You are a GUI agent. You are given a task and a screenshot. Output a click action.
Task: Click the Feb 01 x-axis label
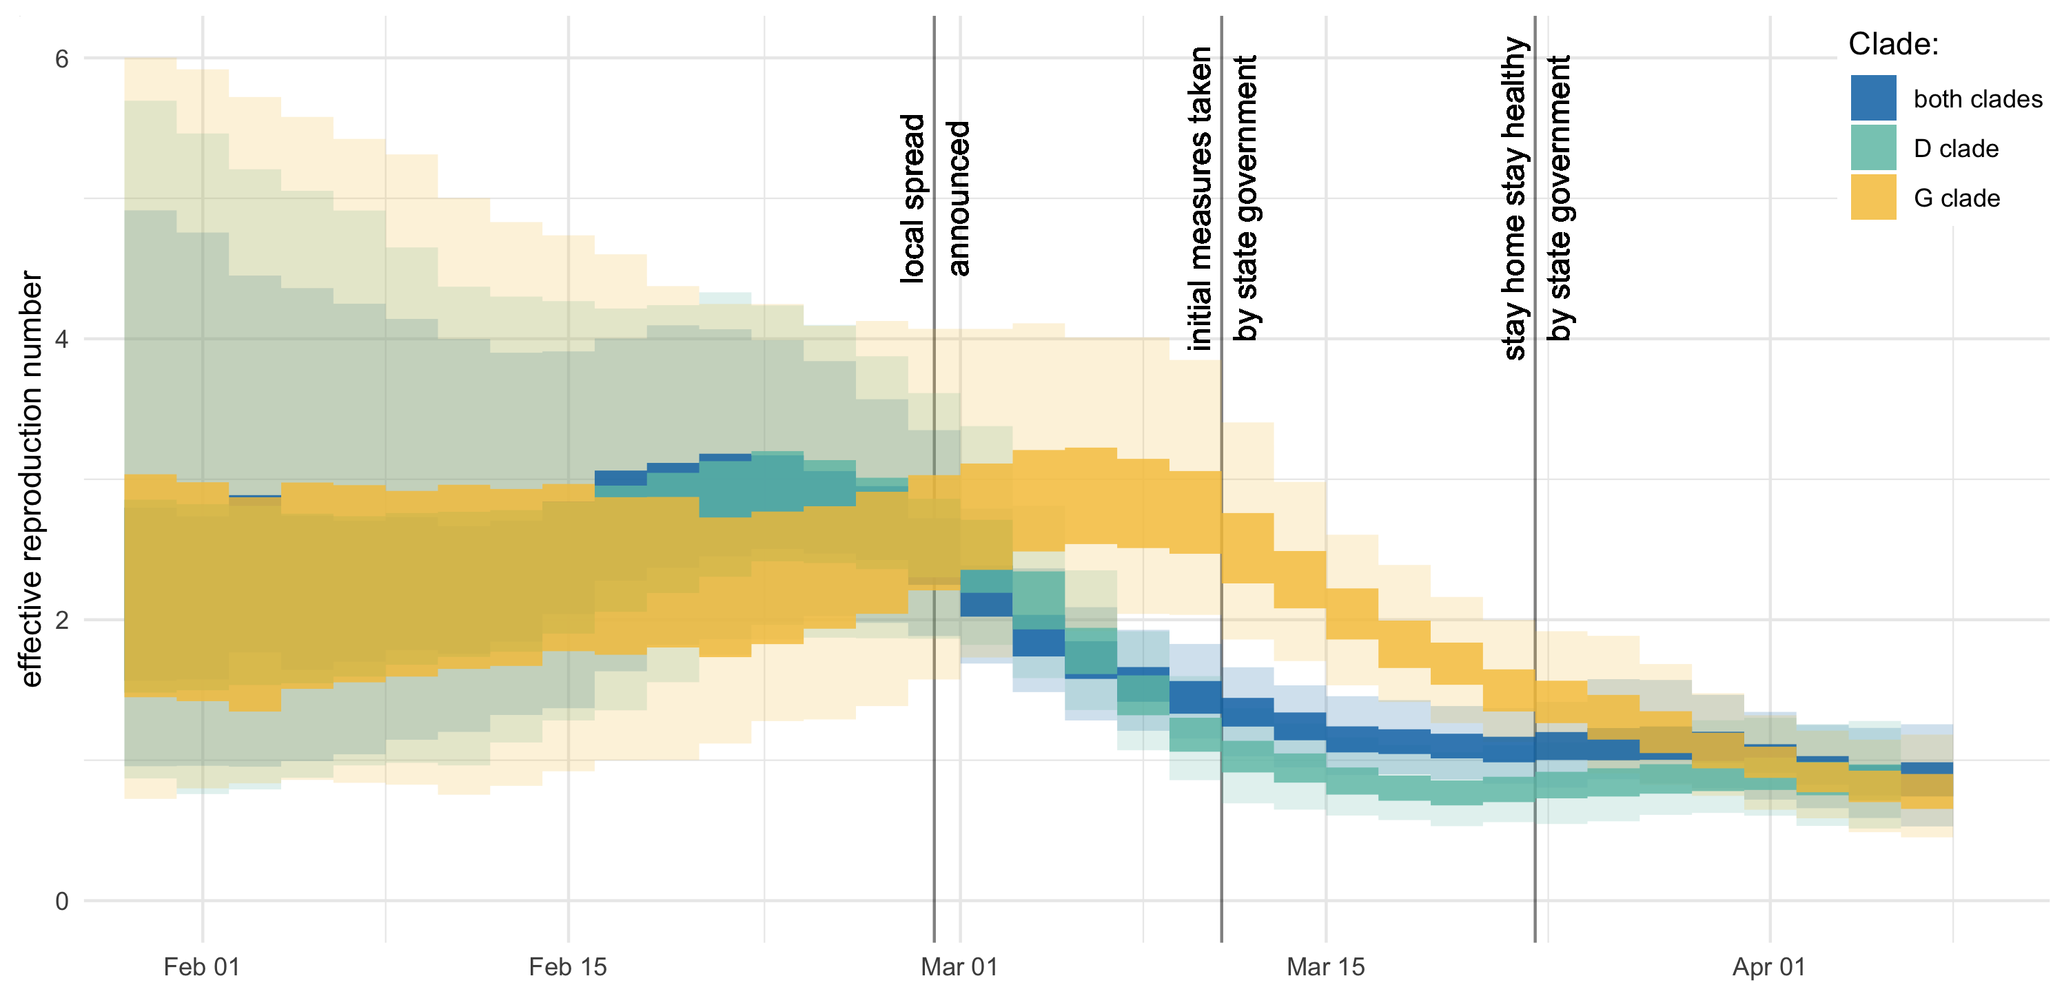pos(202,966)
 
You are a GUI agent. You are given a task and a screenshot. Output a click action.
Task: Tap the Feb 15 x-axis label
pos(567,966)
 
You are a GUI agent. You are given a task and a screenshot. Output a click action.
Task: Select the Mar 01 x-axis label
pos(959,966)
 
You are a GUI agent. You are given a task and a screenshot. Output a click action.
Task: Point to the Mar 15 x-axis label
pos(1325,966)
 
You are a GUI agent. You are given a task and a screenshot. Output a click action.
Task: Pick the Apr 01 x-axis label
pos(1768,966)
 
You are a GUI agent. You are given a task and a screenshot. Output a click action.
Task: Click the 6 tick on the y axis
pos(61,59)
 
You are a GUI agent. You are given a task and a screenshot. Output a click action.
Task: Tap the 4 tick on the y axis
pos(61,340)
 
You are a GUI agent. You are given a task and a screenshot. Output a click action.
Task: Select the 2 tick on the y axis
pos(61,620)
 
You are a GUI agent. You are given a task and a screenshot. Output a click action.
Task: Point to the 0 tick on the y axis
pos(61,901)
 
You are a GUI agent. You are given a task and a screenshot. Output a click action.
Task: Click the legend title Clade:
pos(1893,44)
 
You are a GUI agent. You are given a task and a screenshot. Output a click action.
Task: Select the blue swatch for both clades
pos(1873,98)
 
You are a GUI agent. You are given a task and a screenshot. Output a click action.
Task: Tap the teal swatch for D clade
pos(1873,147)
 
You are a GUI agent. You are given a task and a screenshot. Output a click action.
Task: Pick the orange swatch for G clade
pos(1873,197)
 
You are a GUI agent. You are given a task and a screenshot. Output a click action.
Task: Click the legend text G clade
pos(1957,198)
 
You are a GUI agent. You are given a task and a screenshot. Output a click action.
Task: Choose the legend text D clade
pos(1956,148)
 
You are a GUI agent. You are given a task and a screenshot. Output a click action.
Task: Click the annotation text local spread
pos(912,198)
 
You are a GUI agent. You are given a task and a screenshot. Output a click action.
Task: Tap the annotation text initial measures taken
pos(1199,198)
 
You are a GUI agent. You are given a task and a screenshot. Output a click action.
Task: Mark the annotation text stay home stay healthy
pos(1514,198)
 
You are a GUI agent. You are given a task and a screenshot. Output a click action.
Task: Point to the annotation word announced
pos(958,198)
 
